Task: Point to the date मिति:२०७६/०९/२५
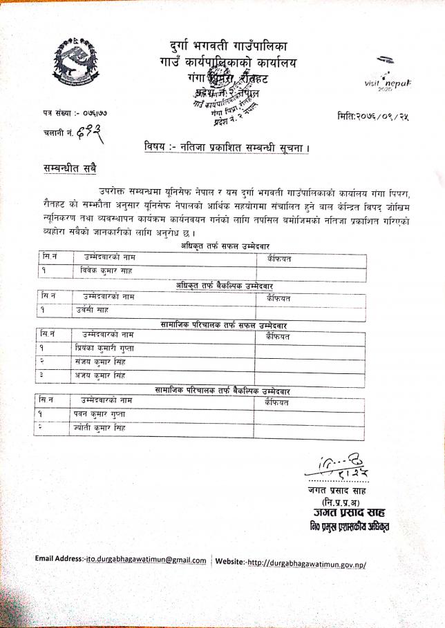click(x=374, y=115)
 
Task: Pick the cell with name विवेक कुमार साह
click(x=106, y=271)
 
